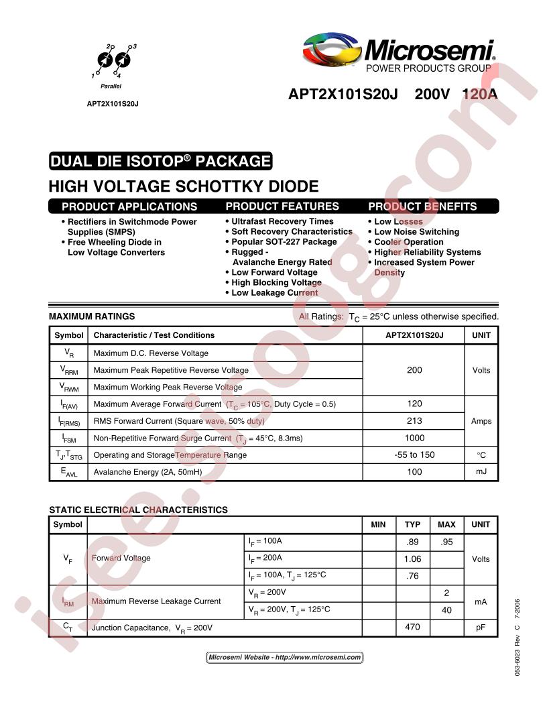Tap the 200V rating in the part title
[433, 95]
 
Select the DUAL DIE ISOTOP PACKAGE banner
[161, 162]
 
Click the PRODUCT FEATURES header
[282, 206]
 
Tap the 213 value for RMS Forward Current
[414, 421]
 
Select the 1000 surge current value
[414, 438]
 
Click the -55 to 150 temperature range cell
[414, 455]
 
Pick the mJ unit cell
[481, 472]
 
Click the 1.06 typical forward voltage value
[413, 558]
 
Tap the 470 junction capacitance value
[413, 628]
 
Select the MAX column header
[446, 524]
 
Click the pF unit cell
[481, 628]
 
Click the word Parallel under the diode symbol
[111, 87]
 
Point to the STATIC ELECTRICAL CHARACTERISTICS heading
[138, 510]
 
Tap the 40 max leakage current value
[446, 610]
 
